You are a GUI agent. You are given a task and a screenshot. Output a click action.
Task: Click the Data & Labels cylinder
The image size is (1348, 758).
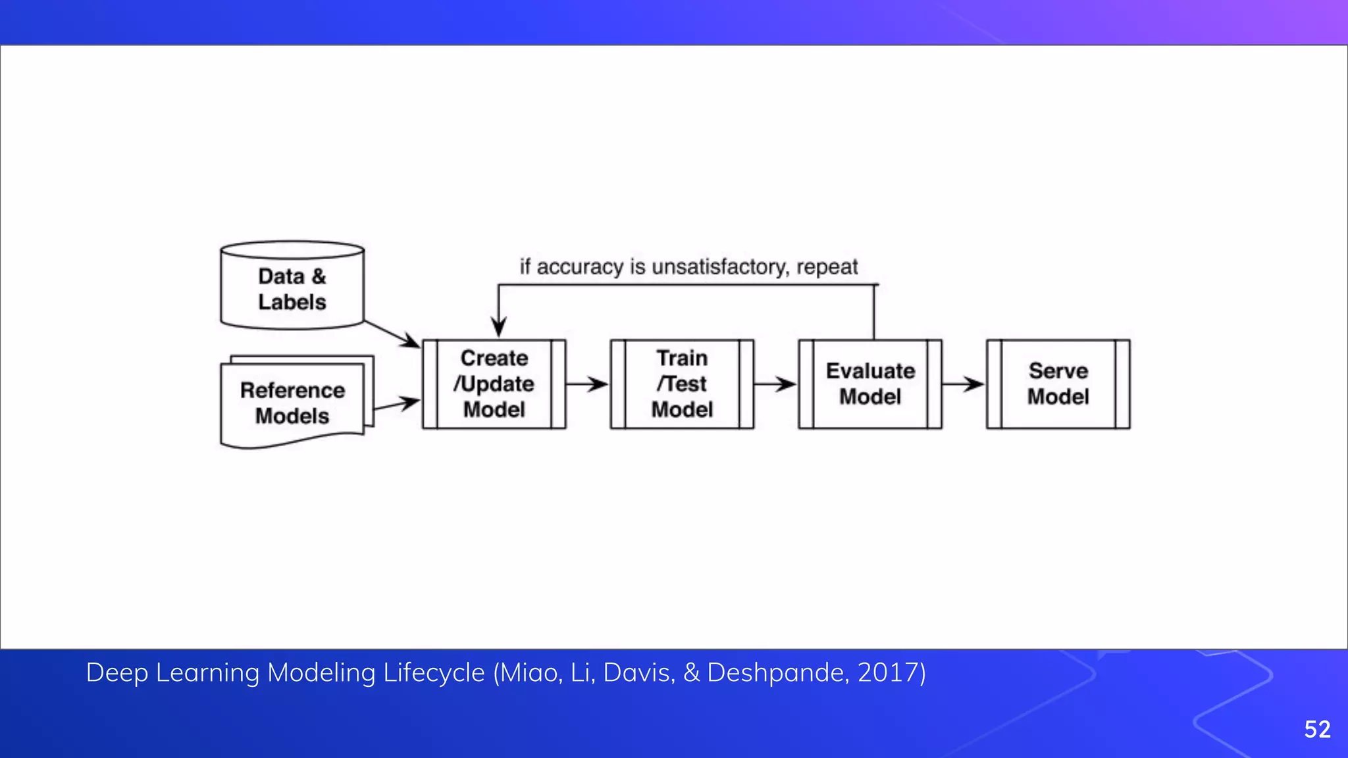click(x=292, y=286)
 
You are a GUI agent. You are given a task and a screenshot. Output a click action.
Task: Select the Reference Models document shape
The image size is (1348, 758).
click(x=292, y=403)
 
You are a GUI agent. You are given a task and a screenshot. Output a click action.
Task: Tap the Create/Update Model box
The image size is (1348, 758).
click(x=494, y=384)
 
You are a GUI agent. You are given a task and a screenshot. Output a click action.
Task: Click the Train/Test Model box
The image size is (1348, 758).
click(x=682, y=384)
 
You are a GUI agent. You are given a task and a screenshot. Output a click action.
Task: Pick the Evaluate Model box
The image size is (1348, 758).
click(x=870, y=384)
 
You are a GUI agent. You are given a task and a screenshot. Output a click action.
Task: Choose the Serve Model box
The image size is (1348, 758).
click(x=1058, y=384)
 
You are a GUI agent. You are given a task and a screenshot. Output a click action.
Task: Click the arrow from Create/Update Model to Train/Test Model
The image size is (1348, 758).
click(x=588, y=384)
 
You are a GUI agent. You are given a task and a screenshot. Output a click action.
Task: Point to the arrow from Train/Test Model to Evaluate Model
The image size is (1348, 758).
click(x=775, y=384)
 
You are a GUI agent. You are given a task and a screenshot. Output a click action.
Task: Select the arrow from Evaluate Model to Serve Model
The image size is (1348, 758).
click(x=964, y=384)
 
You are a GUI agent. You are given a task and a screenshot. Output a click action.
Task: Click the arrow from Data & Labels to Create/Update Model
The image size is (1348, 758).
click(x=393, y=334)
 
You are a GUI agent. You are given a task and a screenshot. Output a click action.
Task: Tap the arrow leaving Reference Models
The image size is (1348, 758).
click(x=397, y=403)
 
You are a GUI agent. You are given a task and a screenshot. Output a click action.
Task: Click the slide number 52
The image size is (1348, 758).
click(x=1317, y=729)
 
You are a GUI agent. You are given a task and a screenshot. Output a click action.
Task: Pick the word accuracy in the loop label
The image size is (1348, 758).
click(x=580, y=267)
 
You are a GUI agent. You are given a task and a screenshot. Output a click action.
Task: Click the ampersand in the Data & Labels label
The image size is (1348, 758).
click(x=319, y=276)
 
